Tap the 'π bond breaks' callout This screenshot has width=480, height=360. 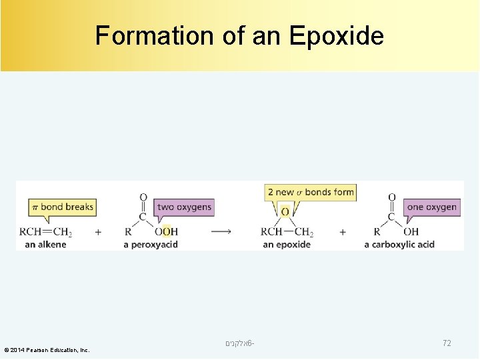[x=62, y=207]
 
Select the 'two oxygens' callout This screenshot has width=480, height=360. [x=184, y=207]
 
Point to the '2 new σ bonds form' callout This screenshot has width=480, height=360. [x=311, y=192]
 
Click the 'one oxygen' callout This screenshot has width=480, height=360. [x=431, y=207]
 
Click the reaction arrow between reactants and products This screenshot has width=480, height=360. [x=221, y=231]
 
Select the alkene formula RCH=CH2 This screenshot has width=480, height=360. [x=46, y=232]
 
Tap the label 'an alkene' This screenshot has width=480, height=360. [x=45, y=244]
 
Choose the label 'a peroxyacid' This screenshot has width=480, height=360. [x=151, y=245]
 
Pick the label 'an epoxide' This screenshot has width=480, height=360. [x=287, y=245]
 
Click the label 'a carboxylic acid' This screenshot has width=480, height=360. [x=399, y=245]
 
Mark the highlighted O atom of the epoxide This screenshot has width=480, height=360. [x=285, y=212]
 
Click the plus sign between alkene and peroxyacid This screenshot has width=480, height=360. [x=98, y=231]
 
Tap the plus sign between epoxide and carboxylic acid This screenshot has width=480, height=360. [x=343, y=231]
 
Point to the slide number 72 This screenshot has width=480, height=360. [x=447, y=343]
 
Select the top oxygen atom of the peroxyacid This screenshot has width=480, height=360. [x=143, y=197]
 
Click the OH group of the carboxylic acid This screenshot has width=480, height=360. [x=411, y=232]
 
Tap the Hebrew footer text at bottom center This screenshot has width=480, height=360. [x=240, y=343]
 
